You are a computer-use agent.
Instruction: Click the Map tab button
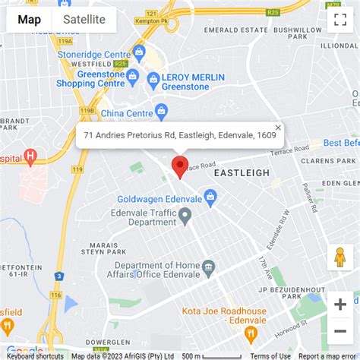pos(29,20)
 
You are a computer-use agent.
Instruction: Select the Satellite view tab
pos(84,20)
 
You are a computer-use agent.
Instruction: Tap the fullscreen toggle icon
pos(339,21)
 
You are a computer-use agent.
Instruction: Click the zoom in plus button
pos(339,305)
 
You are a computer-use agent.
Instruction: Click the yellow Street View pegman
pos(339,257)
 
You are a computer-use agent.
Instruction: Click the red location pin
pos(180,166)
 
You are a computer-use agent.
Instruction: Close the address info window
pos(278,128)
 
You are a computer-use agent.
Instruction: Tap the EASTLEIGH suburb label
pos(242,173)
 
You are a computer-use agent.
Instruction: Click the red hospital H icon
pos(30,157)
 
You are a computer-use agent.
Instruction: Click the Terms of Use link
pos(270,355)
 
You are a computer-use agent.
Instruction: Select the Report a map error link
pos(327,355)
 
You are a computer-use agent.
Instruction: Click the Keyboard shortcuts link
pos(36,355)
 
